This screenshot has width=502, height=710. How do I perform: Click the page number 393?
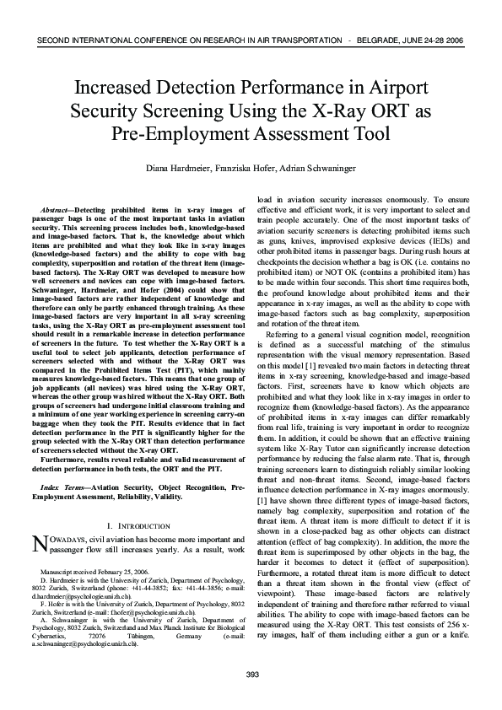click(251, 674)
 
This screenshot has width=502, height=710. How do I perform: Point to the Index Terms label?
click(62, 488)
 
